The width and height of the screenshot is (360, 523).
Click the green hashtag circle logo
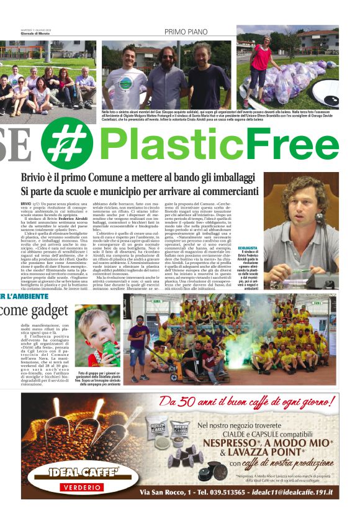tap(67, 144)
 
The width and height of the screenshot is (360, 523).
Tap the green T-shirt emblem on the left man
tap(126, 83)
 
